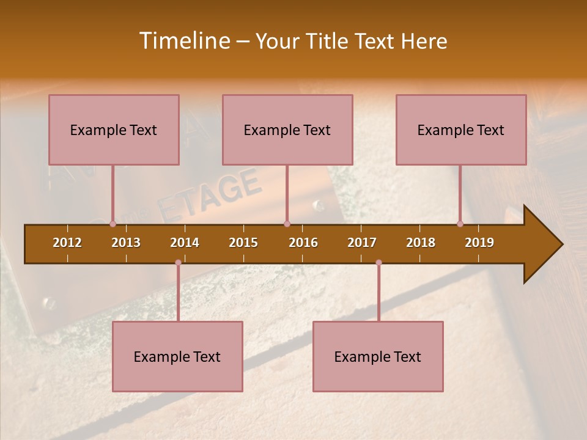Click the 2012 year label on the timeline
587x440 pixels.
(x=67, y=243)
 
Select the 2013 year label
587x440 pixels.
(x=126, y=243)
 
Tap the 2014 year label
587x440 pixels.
(x=185, y=243)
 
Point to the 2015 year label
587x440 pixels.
(x=243, y=243)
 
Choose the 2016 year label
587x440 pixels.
(x=303, y=243)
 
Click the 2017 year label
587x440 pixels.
(x=362, y=243)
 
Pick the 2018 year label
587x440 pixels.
(x=421, y=243)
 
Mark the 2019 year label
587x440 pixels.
(x=479, y=243)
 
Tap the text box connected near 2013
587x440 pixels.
(x=114, y=130)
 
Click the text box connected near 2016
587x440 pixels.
(x=287, y=130)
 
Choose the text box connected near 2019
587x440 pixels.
(x=461, y=130)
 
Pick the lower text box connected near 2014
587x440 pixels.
(x=177, y=356)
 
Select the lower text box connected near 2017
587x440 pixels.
(x=378, y=356)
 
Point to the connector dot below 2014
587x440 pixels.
(x=178, y=263)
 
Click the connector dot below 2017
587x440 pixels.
(x=378, y=263)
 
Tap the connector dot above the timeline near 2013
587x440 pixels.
(x=113, y=224)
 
